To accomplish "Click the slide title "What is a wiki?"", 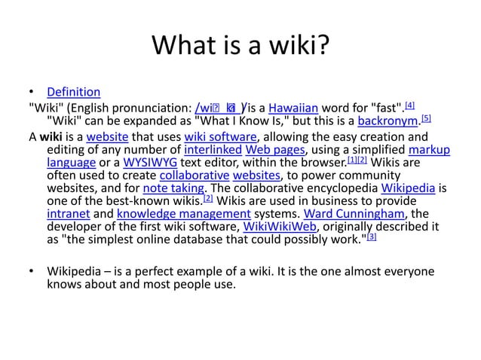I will coord(240,47).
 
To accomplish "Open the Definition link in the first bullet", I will coord(73,92).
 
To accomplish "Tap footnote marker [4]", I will coord(409,103).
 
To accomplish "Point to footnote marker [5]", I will coord(426,117).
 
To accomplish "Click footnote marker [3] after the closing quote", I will coord(371,236).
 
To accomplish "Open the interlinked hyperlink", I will coord(210,151).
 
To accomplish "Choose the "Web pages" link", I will coord(273,151).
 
